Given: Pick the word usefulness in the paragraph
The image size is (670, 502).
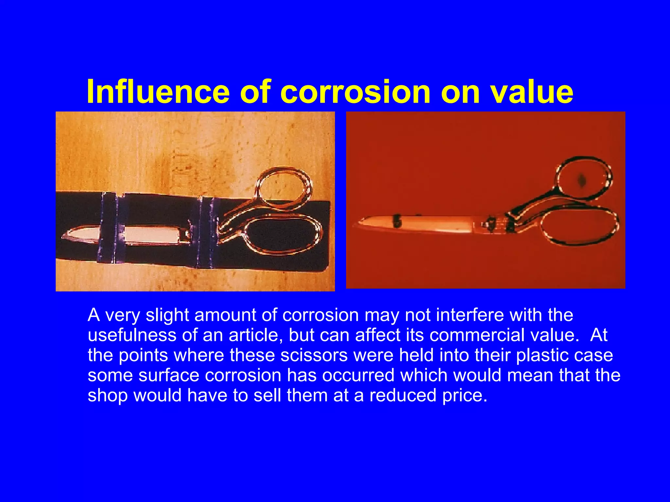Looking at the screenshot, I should click(132, 335).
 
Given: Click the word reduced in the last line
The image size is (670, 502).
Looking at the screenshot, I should click(403, 395).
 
